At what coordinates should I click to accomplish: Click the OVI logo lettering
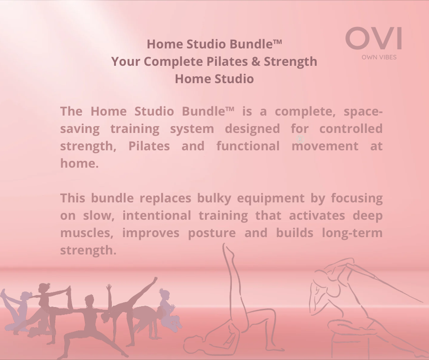[373, 39]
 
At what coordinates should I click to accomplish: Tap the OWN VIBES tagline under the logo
[379, 58]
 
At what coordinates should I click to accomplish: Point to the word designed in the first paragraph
[252, 129]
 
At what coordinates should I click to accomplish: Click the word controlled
[351, 129]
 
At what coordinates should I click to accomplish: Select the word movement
[325, 146]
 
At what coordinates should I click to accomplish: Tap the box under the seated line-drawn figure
[347, 345]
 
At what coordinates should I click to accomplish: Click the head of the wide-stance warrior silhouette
[89, 300]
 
